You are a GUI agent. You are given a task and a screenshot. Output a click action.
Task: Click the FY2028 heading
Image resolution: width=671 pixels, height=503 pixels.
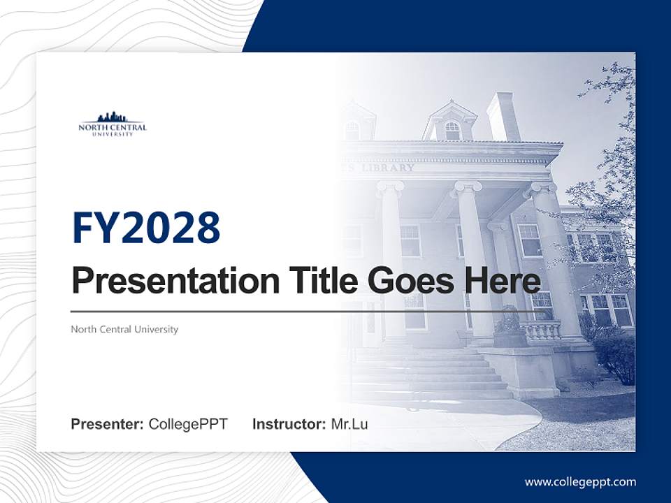click(145, 228)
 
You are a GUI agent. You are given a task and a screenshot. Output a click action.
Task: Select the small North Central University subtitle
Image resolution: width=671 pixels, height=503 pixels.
click(124, 329)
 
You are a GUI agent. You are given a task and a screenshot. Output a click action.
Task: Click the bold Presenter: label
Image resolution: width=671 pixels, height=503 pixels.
click(108, 424)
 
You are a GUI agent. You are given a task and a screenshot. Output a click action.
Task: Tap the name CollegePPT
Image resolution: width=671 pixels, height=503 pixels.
click(188, 424)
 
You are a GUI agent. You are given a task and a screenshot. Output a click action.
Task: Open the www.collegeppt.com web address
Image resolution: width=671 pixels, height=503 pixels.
click(580, 482)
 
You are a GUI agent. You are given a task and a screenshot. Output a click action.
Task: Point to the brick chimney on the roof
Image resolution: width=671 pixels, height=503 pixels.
click(503, 115)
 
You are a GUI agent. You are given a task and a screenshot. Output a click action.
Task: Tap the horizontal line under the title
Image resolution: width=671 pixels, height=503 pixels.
click(280, 312)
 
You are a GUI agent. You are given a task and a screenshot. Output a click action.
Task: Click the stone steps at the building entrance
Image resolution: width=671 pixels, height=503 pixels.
click(433, 374)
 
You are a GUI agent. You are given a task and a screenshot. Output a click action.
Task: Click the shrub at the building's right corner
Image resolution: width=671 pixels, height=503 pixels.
click(615, 356)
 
